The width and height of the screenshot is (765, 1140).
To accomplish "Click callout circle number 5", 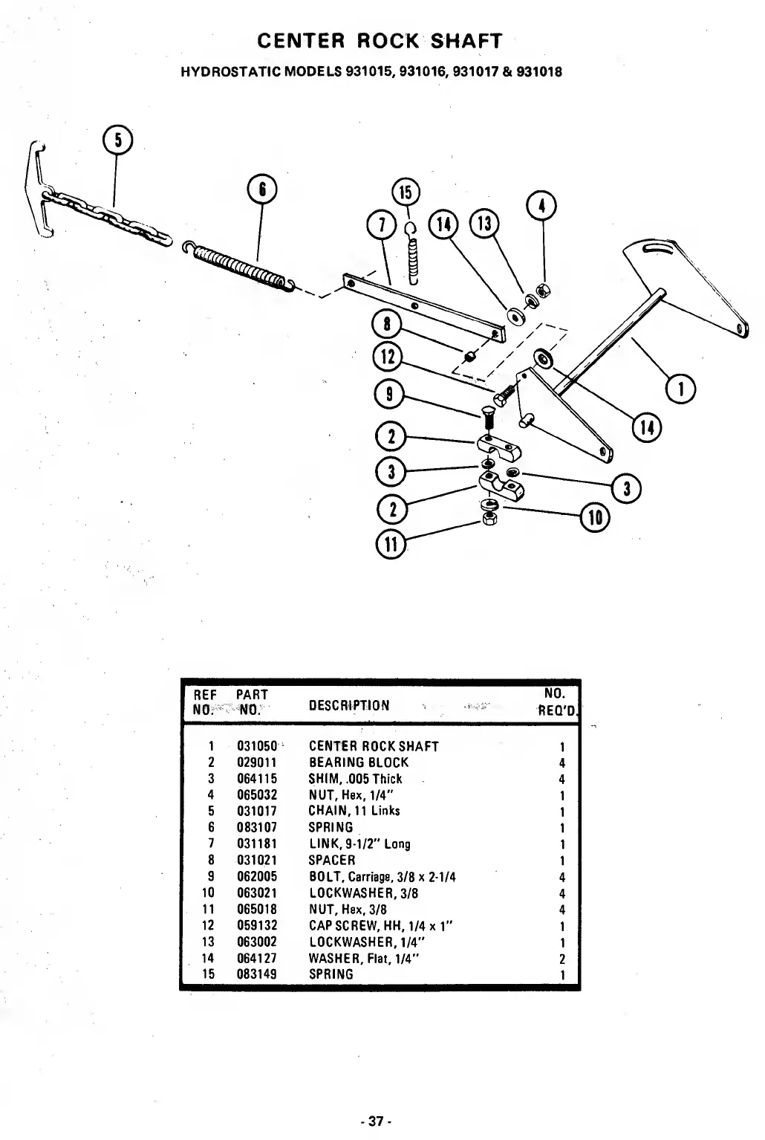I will pyautogui.click(x=118, y=140).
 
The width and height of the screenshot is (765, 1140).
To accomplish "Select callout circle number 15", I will pyautogui.click(x=406, y=192).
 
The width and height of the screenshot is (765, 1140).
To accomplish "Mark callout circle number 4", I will pyautogui.click(x=541, y=206).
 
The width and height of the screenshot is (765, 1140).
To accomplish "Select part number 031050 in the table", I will pyautogui.click(x=257, y=746).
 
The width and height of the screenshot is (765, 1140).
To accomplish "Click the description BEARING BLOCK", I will pyautogui.click(x=358, y=762).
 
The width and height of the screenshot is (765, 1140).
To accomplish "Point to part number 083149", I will pyautogui.click(x=257, y=974).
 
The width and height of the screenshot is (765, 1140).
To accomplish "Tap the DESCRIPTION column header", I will pyautogui.click(x=348, y=705).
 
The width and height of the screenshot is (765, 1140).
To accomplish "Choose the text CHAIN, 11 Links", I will pyautogui.click(x=354, y=811).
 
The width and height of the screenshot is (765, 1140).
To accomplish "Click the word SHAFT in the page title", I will pyautogui.click(x=466, y=41).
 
